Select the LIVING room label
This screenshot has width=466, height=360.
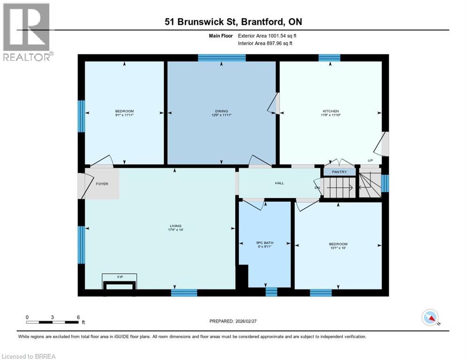click(175, 225)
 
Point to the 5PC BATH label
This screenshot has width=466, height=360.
click(265, 242)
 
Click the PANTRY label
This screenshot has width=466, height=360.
click(339, 172)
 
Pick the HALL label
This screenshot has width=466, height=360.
click(279, 183)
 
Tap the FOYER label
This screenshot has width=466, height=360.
click(102, 184)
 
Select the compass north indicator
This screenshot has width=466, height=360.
click(430, 318)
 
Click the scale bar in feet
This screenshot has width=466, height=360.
click(52, 322)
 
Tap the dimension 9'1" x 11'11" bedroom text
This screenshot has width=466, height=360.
click(124, 114)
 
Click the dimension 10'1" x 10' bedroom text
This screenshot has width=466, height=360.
click(338, 248)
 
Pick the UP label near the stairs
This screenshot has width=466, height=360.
click(370, 160)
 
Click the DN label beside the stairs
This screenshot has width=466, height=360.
click(317, 188)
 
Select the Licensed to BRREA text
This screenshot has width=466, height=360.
click(28, 356)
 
